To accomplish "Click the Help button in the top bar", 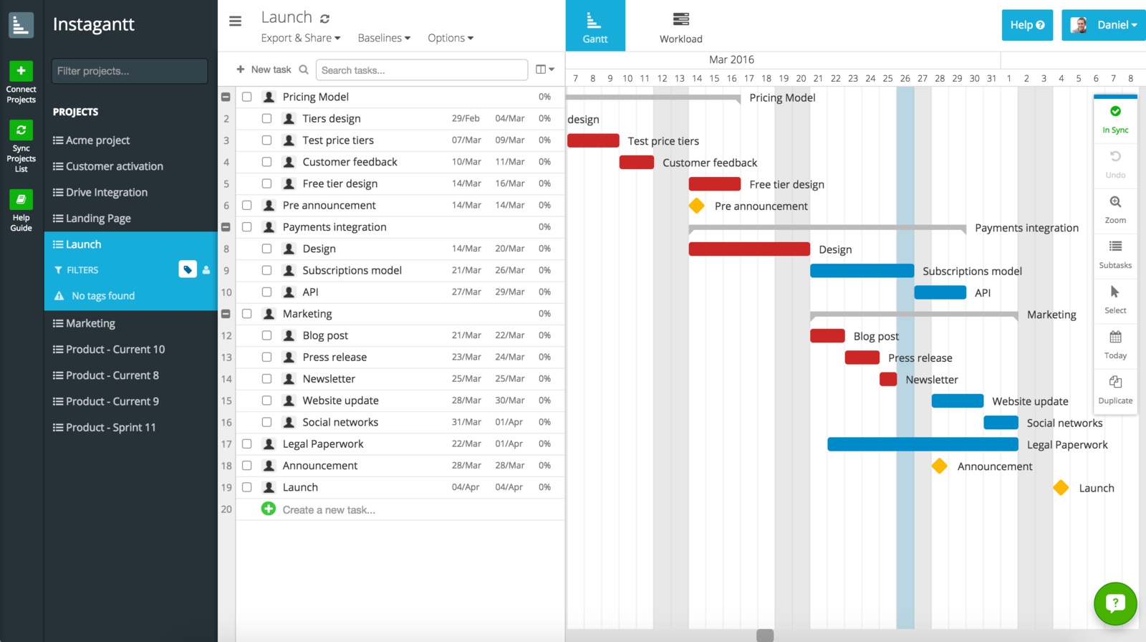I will (1026, 25).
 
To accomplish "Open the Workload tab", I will (680, 27).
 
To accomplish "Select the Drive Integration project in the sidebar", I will (106, 192).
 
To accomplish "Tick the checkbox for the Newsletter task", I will (266, 378).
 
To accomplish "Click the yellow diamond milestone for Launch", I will (1061, 488).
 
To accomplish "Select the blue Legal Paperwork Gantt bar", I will (923, 444).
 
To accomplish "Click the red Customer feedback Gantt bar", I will (636, 163).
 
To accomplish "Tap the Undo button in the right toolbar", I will (1115, 163).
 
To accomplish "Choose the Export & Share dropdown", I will (300, 38).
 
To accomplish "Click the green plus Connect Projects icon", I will (21, 71).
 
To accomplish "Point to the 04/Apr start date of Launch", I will (466, 487).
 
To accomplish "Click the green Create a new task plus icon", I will (269, 509).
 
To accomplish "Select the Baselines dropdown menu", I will (384, 38).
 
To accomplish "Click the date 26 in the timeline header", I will (905, 79).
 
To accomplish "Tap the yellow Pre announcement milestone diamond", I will (696, 206).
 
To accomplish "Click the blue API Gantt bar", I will (940, 292).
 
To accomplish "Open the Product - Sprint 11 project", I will (110, 427).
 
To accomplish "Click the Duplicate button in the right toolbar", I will (1115, 389).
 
